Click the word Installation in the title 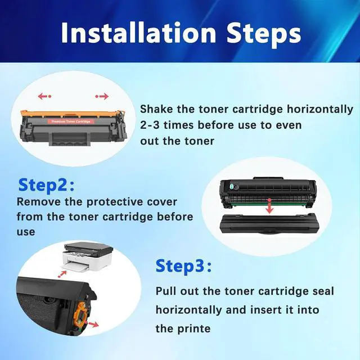tap(138, 33)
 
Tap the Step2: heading tap(46, 185)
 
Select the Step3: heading tap(183, 266)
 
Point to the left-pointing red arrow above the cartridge tap(44, 96)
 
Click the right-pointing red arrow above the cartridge tap(102, 96)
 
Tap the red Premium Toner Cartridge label tap(71, 121)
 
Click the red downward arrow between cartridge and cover tap(270, 206)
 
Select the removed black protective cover tap(268, 224)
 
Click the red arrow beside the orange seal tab tap(93, 325)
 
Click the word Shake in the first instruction tap(156, 109)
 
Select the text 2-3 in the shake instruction tap(150, 125)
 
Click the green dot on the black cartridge tap(232, 185)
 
